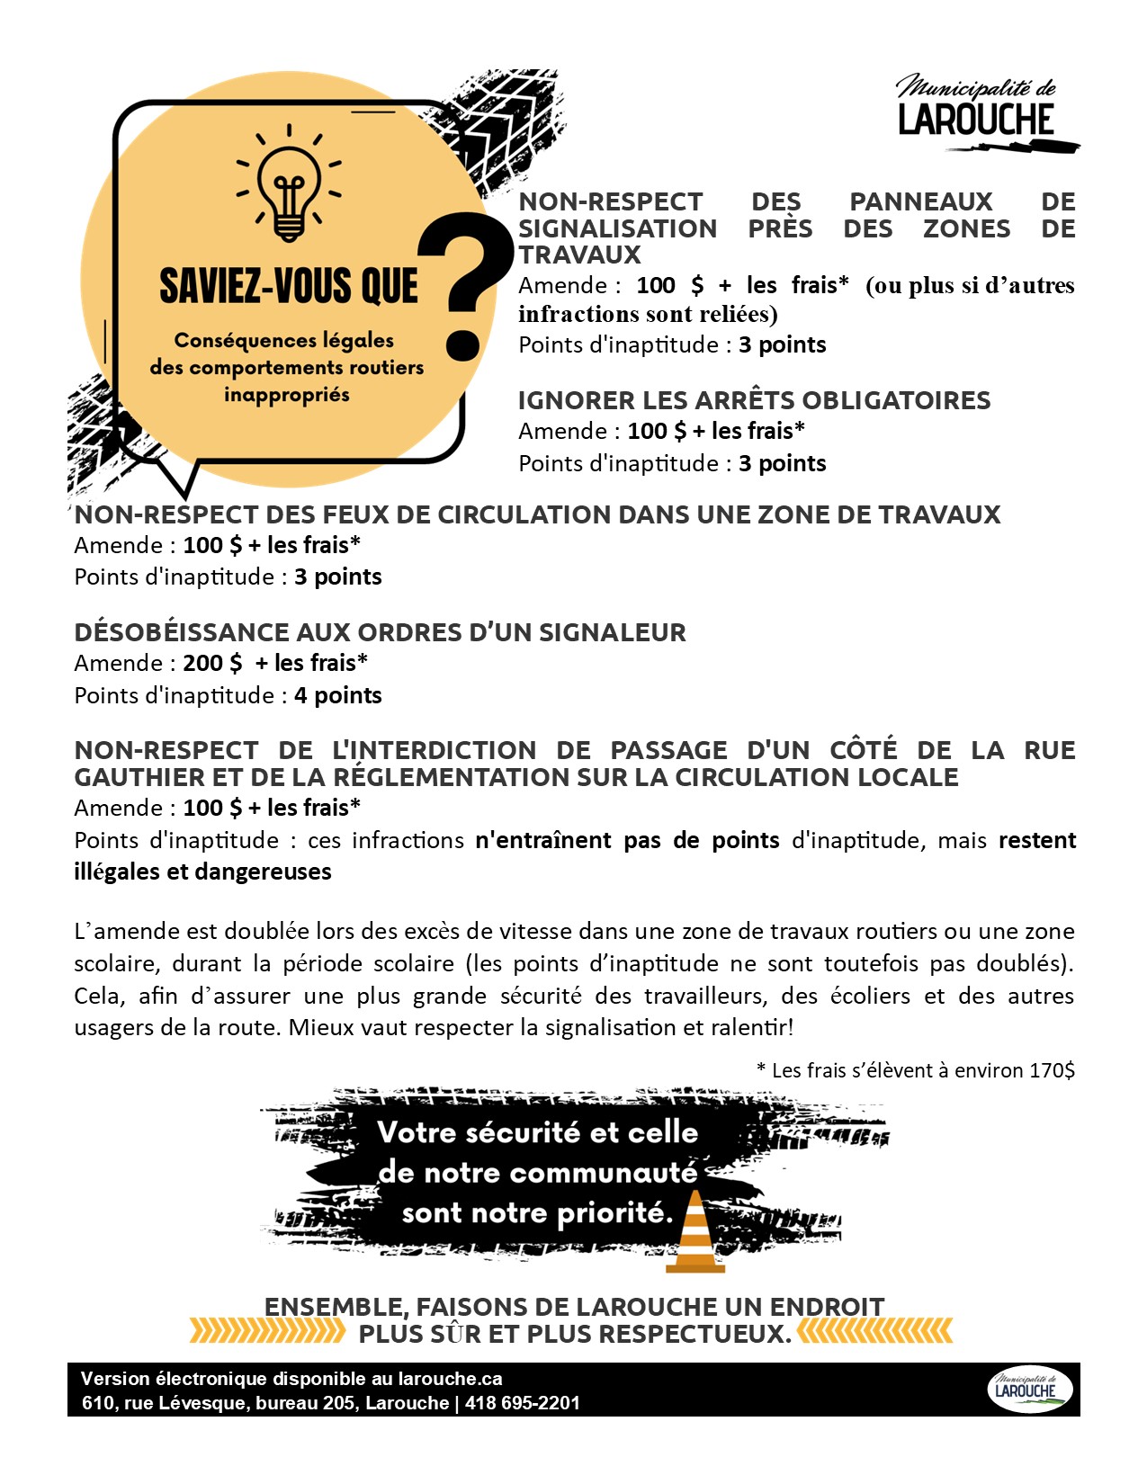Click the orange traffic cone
694,1231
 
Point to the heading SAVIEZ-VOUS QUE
288,286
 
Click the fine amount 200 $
212,663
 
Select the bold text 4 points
337,695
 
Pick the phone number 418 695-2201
522,1403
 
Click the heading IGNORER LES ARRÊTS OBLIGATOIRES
754,400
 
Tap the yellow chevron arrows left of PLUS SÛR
267,1331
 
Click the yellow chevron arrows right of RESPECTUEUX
874,1331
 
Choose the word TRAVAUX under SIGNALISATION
579,255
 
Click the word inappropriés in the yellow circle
287,395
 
